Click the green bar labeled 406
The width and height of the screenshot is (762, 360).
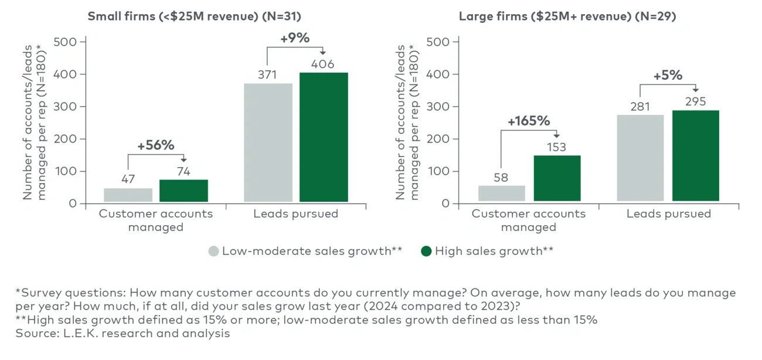click(324, 138)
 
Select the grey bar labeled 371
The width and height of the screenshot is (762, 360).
click(268, 143)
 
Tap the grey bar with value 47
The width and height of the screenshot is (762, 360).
click(128, 195)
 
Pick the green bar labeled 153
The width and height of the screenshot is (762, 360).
click(557, 178)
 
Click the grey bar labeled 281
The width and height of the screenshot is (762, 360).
click(640, 158)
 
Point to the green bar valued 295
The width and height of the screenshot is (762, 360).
click(695, 156)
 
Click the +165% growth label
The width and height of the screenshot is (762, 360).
click(529, 121)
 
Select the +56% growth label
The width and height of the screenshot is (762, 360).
click(156, 145)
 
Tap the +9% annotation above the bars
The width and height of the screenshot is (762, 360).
click(294, 39)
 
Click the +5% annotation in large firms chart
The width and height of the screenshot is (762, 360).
click(668, 75)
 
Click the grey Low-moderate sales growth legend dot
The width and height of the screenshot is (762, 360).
click(213, 252)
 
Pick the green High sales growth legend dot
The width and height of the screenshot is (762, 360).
click(426, 252)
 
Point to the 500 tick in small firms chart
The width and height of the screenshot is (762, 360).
click(65, 42)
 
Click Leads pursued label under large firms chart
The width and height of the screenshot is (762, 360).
click(668, 214)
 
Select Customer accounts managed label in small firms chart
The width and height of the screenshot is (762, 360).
click(156, 220)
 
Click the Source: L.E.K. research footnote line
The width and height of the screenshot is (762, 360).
click(123, 334)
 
